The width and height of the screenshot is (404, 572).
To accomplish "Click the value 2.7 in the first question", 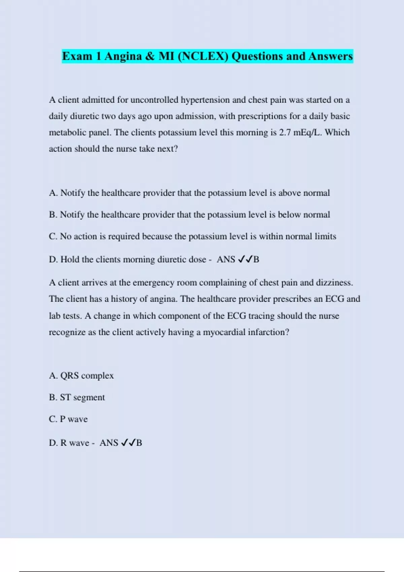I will pyautogui.click(x=285, y=133).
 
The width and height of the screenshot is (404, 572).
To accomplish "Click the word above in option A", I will pyautogui.click(x=289, y=193).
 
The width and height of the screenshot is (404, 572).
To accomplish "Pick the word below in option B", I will pyautogui.click(x=289, y=215).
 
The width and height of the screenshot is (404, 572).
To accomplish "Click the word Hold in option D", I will pyautogui.click(x=70, y=259).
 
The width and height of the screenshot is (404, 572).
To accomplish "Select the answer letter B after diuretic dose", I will pyautogui.click(x=256, y=259).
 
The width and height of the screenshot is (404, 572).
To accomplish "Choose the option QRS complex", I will pyautogui.click(x=87, y=376).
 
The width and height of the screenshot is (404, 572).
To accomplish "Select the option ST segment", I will pyautogui.click(x=82, y=397).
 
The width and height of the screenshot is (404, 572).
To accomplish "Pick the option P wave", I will pyautogui.click(x=73, y=419).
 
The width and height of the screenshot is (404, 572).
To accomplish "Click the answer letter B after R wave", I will pyautogui.click(x=139, y=443).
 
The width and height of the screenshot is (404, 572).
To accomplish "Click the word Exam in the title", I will pyautogui.click(x=77, y=56).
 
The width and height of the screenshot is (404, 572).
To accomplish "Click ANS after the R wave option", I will pyautogui.click(x=109, y=443).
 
